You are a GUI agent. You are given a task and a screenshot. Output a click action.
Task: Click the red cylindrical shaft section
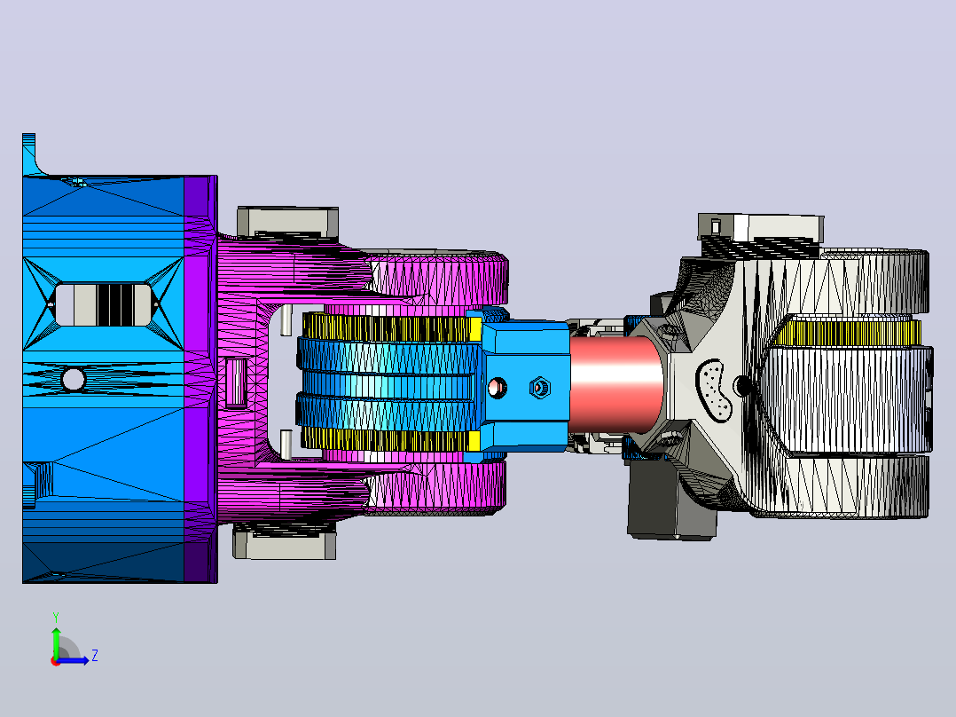click(x=615, y=382)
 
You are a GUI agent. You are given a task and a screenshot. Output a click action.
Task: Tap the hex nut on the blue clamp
click(x=539, y=388)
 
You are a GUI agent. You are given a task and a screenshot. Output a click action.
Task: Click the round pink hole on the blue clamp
click(x=498, y=388)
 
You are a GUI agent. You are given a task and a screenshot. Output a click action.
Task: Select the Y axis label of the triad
click(x=56, y=617)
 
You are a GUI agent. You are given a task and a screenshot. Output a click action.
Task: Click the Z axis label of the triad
click(x=95, y=656)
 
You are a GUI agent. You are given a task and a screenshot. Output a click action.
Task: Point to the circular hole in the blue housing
click(x=73, y=379)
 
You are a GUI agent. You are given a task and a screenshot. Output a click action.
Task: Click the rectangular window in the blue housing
click(x=103, y=303)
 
